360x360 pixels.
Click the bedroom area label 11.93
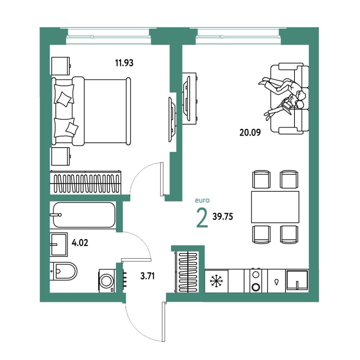point(124,63)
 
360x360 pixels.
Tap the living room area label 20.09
point(250,132)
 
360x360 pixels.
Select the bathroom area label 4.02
point(80,243)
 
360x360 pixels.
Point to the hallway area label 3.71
point(147,276)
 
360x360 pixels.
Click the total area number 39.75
point(223,216)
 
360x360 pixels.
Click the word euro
point(202,201)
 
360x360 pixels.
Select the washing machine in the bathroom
point(107,281)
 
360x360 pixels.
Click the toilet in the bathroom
point(64,271)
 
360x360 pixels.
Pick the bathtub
point(84,215)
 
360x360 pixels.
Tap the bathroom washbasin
point(59,244)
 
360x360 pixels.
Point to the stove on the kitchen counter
point(256,280)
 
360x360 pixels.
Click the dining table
point(275,207)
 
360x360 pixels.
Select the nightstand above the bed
point(61,66)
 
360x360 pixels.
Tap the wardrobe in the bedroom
point(85,182)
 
